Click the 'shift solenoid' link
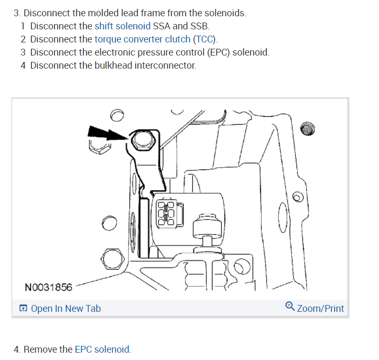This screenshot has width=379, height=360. point(122,26)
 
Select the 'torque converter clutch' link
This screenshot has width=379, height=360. point(143,39)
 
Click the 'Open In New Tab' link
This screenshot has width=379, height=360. point(66,309)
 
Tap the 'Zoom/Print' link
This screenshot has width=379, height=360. point(320,308)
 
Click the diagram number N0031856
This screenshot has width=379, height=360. point(48,287)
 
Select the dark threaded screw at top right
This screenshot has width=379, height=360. point(309,128)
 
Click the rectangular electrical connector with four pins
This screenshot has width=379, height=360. point(167,213)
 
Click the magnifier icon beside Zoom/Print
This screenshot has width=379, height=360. point(290,307)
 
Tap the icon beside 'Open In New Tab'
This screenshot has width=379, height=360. point(23,309)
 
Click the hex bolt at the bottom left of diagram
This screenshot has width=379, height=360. point(111,257)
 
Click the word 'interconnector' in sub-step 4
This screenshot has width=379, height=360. point(172,66)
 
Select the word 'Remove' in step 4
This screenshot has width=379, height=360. point(40,350)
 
